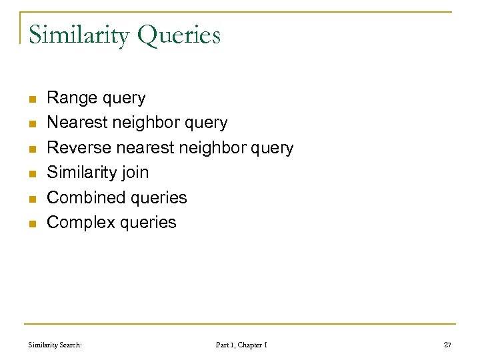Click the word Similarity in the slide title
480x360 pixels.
click(x=79, y=35)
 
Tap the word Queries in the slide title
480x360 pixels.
click(x=179, y=35)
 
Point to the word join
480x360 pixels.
click(x=135, y=173)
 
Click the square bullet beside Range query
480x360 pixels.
click(x=31, y=99)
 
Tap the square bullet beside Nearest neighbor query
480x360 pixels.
click(x=31, y=124)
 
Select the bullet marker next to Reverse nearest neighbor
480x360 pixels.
click(x=31, y=149)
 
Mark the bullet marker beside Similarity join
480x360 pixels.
click(x=31, y=173)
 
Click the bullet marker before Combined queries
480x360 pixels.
click(x=31, y=198)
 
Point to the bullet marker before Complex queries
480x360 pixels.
click(x=31, y=223)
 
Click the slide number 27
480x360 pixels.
click(x=447, y=345)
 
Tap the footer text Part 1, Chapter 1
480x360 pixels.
click(x=241, y=345)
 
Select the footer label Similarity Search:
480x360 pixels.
click(x=55, y=345)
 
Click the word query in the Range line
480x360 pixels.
click(x=124, y=99)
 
